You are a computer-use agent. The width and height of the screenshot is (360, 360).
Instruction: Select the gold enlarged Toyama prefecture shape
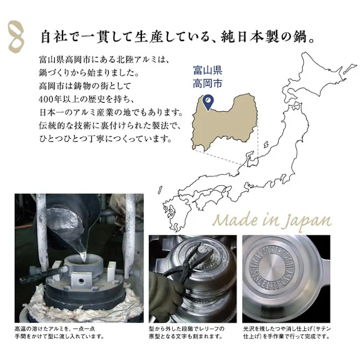point(227,121)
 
